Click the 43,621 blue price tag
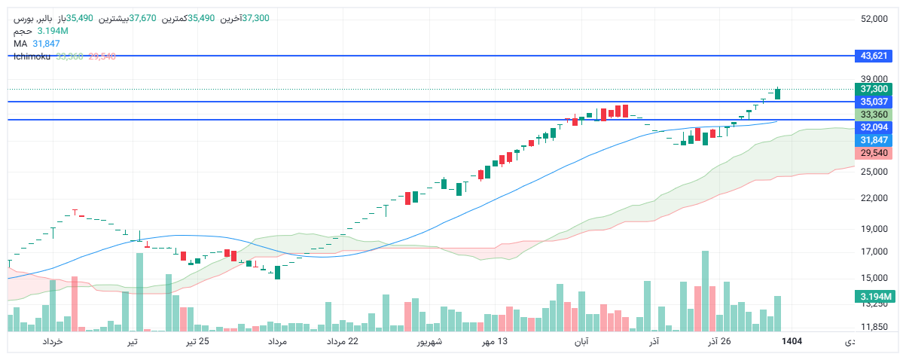point(874,56)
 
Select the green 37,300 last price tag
point(874,89)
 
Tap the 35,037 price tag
point(874,102)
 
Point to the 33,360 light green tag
point(874,114)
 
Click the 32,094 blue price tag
point(874,127)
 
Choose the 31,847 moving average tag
point(874,140)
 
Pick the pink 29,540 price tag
point(874,153)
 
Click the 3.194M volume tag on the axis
point(874,297)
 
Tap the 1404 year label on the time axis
point(792,342)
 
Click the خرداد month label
point(52,342)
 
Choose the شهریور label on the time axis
point(429,342)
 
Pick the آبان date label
point(581,342)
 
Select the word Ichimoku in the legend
point(32,56)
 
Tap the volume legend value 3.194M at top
point(53,31)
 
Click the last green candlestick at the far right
point(777,93)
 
